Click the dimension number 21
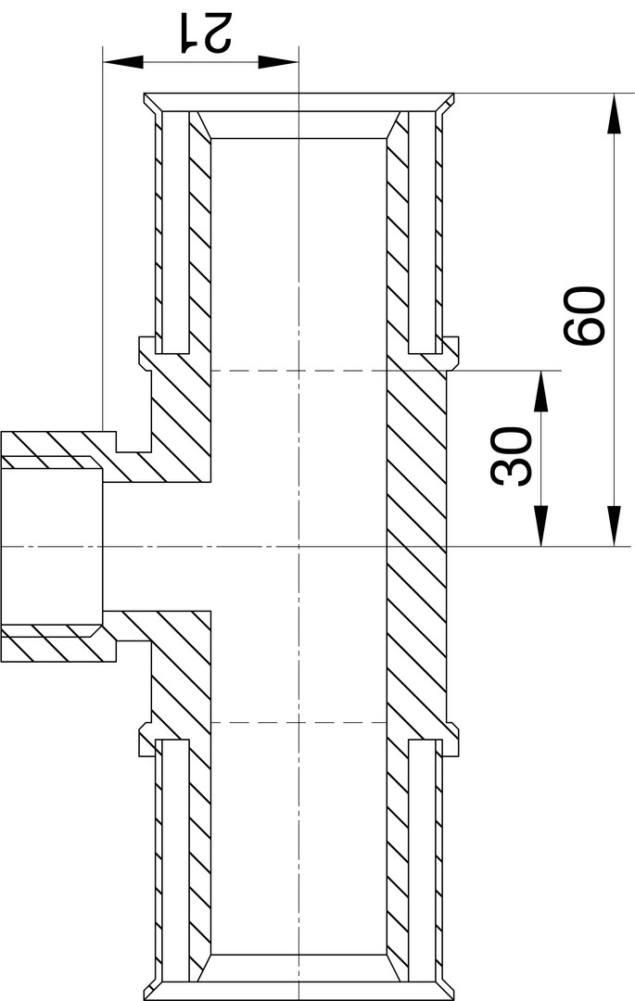pyautogui.click(x=206, y=32)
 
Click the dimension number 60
pyautogui.click(x=584, y=315)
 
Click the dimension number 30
pyautogui.click(x=511, y=457)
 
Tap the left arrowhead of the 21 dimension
pyautogui.click(x=122, y=61)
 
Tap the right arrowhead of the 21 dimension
pyautogui.click(x=278, y=61)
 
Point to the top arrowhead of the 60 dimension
pyautogui.click(x=614, y=114)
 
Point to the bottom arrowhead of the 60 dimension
pyautogui.click(x=614, y=526)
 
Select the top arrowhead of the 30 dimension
pyautogui.click(x=540, y=391)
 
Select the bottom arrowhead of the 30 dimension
pyautogui.click(x=540, y=526)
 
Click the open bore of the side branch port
pyautogui.click(x=51, y=547)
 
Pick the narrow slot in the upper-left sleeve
pyautogui.click(x=175, y=233)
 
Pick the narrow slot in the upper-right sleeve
pyautogui.click(x=421, y=233)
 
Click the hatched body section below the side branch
pyautogui.click(x=182, y=677)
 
